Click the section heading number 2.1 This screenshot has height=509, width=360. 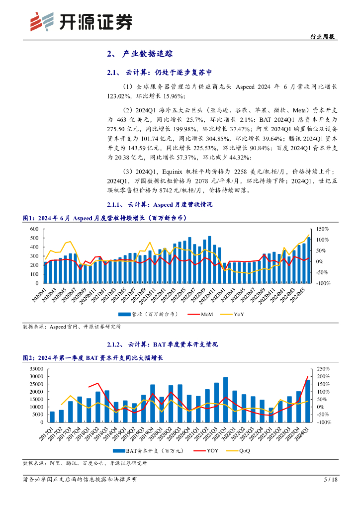tap(113, 73)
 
